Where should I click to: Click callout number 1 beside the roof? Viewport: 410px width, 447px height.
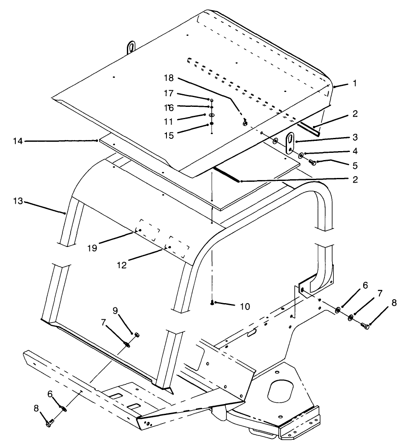coord(354,84)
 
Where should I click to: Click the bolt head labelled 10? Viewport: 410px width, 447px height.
coord(212,302)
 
